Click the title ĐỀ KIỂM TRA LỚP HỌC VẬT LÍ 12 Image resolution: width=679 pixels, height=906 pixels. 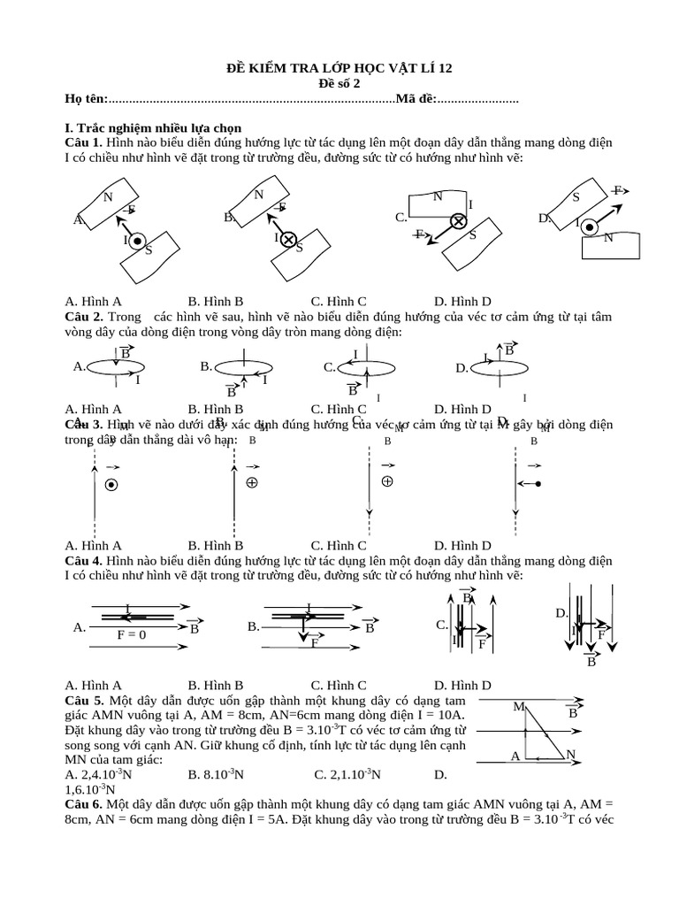339,68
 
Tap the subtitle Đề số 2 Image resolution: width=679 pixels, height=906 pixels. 339,83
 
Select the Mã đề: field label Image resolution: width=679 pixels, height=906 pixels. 416,99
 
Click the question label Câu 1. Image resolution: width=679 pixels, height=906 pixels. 84,142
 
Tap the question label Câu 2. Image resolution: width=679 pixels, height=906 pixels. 84,317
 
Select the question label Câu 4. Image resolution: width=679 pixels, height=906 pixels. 84,561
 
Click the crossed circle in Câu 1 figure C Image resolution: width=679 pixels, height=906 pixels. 459,221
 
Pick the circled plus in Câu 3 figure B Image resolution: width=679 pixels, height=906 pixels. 252,483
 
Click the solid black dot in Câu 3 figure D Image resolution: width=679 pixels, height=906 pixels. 538,484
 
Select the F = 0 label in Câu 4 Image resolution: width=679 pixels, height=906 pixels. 132,635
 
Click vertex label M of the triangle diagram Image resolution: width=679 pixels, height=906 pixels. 518,707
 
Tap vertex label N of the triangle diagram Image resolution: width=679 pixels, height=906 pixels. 571,755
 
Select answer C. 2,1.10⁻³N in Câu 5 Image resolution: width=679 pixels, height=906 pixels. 347,774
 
